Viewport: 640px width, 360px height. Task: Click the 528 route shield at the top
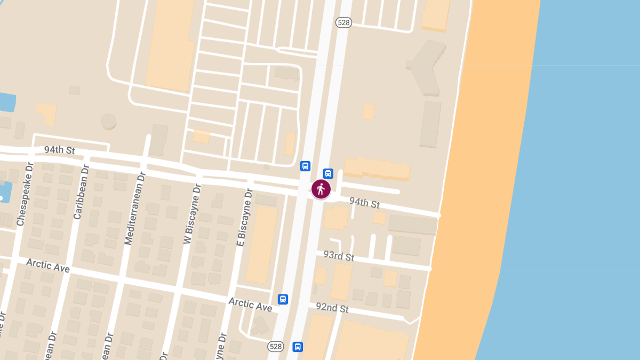[343, 22]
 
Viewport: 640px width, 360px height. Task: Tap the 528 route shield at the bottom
[275, 347]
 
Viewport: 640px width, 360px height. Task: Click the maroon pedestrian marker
[321, 189]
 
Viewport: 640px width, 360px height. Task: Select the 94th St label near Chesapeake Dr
[59, 150]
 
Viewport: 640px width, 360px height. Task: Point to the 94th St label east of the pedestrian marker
[364, 203]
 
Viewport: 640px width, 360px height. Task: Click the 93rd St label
[339, 255]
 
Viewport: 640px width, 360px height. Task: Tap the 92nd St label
[332, 308]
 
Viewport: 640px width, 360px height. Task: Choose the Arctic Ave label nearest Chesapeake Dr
[47, 265]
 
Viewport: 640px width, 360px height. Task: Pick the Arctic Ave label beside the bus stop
[250, 304]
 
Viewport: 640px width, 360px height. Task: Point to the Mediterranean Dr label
[134, 208]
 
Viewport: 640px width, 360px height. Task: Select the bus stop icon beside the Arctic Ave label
[283, 299]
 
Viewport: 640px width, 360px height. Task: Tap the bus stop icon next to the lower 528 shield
[298, 347]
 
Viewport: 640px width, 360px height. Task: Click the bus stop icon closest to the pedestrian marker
[328, 173]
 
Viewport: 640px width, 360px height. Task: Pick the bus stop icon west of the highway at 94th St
[305, 166]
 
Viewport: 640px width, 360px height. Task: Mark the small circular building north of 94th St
[109, 121]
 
